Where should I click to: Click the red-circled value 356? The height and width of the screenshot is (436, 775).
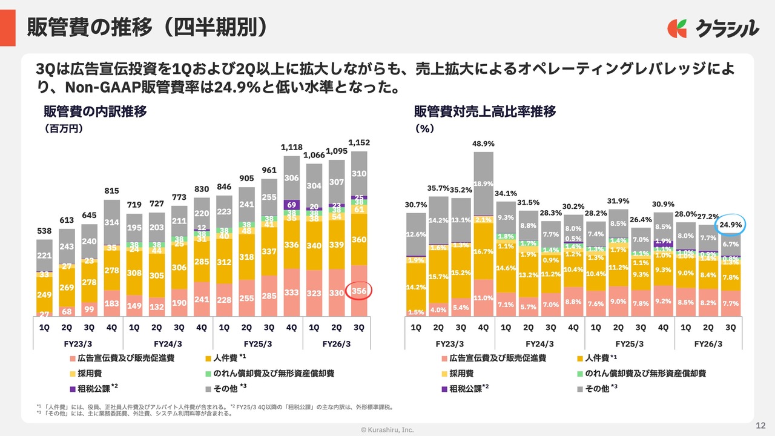359,291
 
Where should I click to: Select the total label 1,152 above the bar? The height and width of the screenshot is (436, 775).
359,143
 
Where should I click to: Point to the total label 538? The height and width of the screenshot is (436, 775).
44,231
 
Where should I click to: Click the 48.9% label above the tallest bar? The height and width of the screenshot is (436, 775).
483,144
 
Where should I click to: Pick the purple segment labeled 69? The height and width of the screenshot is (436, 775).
292,205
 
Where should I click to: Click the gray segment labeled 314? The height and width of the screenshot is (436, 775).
111,222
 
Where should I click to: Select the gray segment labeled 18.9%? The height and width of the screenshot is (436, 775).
483,184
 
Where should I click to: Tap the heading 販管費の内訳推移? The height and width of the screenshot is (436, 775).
95,111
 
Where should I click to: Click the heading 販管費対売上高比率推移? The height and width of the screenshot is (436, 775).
485,111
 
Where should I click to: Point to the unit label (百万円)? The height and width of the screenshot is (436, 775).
63,128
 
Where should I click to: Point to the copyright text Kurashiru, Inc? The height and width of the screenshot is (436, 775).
387,429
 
